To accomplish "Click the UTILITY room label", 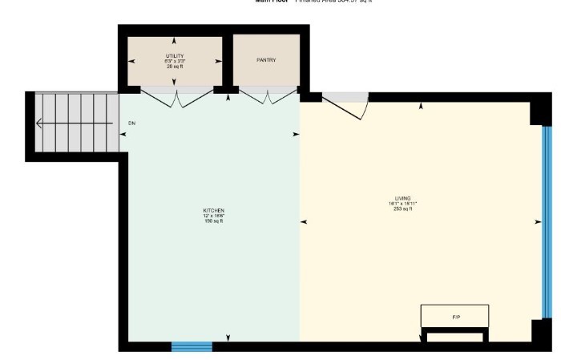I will [175, 55].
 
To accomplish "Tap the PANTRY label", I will [266, 60].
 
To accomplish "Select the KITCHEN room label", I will [213, 210].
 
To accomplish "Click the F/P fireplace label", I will [455, 318].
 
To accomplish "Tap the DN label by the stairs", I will [132, 123].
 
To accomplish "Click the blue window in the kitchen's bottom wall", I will [192, 346].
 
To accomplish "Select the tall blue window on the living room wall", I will [547, 221].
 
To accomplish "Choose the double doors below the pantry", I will [265, 98].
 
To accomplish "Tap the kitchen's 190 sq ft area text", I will [213, 220].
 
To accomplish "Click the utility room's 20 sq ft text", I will [175, 67].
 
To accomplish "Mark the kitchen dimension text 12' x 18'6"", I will [213, 216].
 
